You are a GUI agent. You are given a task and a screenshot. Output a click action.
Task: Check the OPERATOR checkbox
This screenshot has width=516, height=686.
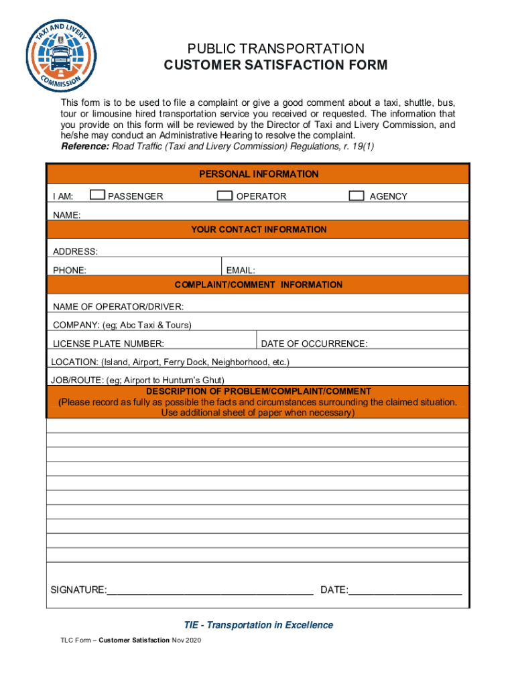pyautogui.click(x=225, y=196)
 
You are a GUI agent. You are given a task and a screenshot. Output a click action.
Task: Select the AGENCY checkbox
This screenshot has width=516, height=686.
pyautogui.click(x=357, y=196)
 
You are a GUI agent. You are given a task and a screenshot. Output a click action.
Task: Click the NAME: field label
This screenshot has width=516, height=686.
pyautogui.click(x=67, y=215)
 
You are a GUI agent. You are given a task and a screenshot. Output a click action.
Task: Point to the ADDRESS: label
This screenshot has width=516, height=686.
pyautogui.click(x=75, y=251)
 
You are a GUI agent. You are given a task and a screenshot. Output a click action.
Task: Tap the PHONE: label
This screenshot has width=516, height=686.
pyautogui.click(x=70, y=271)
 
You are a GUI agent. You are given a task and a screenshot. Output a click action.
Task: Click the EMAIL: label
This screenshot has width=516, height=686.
pyautogui.click(x=241, y=271)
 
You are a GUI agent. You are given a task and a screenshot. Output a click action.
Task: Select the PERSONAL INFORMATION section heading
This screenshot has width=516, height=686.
pyautogui.click(x=259, y=174)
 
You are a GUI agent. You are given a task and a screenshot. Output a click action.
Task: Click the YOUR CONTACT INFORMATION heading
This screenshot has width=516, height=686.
pyautogui.click(x=259, y=230)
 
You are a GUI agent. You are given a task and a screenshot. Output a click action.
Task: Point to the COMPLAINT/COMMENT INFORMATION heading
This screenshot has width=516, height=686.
pyautogui.click(x=259, y=285)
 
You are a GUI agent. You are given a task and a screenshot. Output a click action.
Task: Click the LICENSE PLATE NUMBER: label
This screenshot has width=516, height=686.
pyautogui.click(x=109, y=344)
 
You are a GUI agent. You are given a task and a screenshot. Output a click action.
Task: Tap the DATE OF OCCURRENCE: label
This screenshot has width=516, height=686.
pyautogui.click(x=314, y=344)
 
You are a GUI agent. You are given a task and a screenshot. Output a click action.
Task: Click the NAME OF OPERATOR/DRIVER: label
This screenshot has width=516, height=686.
pyautogui.click(x=119, y=307)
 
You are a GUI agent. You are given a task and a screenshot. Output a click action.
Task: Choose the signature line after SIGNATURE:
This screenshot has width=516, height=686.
pyautogui.click(x=210, y=590)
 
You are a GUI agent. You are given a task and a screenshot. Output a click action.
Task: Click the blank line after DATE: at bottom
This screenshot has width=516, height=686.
pyautogui.click(x=405, y=590)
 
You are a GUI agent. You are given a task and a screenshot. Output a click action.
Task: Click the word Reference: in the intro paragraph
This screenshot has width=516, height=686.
pyautogui.click(x=85, y=146)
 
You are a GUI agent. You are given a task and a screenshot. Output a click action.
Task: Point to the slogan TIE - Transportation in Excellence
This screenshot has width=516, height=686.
pyautogui.click(x=259, y=625)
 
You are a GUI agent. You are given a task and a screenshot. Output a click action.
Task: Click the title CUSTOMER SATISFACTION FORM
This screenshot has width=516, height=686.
pyautogui.click(x=275, y=65)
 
